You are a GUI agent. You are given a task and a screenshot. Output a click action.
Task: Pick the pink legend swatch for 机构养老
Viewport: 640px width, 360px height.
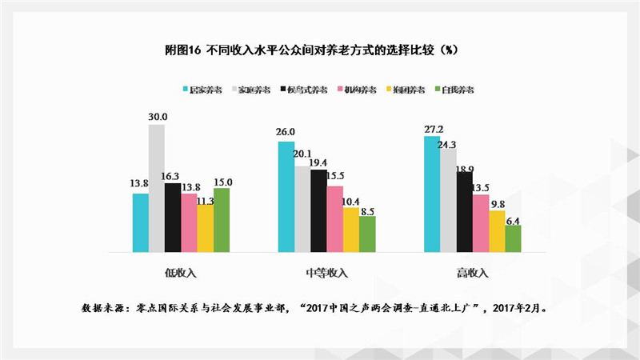[x=339, y=90]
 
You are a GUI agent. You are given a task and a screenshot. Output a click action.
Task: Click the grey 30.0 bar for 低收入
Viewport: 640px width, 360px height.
[x=157, y=188]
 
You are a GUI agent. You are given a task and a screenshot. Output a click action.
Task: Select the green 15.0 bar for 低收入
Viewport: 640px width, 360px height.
[x=222, y=220]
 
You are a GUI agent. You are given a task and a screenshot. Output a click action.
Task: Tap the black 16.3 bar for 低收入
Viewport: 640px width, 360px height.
[x=173, y=218]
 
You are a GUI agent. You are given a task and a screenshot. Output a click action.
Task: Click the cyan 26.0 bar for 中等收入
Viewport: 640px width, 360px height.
[x=286, y=196]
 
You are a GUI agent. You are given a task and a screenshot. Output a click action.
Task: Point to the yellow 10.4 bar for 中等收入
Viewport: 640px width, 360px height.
[x=350, y=230]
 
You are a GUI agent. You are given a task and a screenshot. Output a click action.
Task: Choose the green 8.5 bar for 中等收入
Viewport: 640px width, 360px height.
[x=367, y=234]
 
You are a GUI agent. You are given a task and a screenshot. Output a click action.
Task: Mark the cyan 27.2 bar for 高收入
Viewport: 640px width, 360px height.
[x=431, y=194]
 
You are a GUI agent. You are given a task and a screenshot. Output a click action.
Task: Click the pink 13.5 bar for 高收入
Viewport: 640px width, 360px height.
[x=480, y=223]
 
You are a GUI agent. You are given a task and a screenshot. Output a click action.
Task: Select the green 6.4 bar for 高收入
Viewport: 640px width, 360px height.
[x=513, y=238]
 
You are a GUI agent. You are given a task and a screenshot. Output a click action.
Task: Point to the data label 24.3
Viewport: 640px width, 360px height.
[x=447, y=144]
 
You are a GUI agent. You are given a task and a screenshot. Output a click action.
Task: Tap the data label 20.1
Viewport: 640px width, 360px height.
[x=302, y=154]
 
